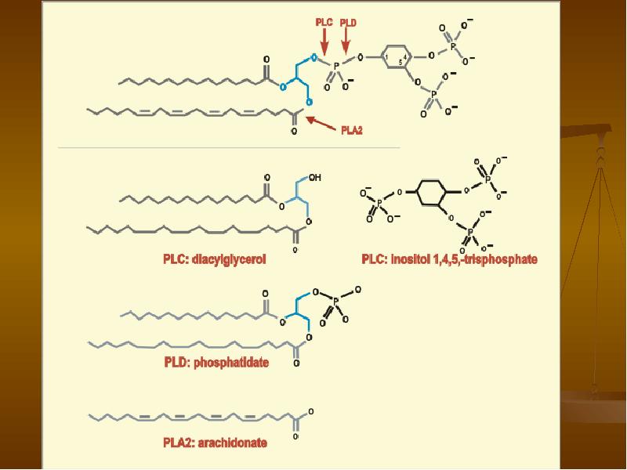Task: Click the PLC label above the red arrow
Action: click(324, 23)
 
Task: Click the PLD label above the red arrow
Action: click(348, 23)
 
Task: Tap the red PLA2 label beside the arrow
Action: click(352, 130)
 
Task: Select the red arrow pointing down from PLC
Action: click(324, 42)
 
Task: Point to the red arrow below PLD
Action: click(346, 42)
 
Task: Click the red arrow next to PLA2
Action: click(321, 124)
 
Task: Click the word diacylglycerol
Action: click(229, 259)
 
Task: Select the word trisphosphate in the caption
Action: click(502, 259)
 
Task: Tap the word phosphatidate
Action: click(231, 363)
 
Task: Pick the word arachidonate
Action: click(232, 443)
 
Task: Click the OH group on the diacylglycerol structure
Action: click(315, 178)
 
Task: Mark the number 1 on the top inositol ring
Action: click(386, 57)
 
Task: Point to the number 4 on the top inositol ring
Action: click(405, 57)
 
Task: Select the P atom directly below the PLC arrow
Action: click(336, 65)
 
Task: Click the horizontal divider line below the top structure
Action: click(229, 147)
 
